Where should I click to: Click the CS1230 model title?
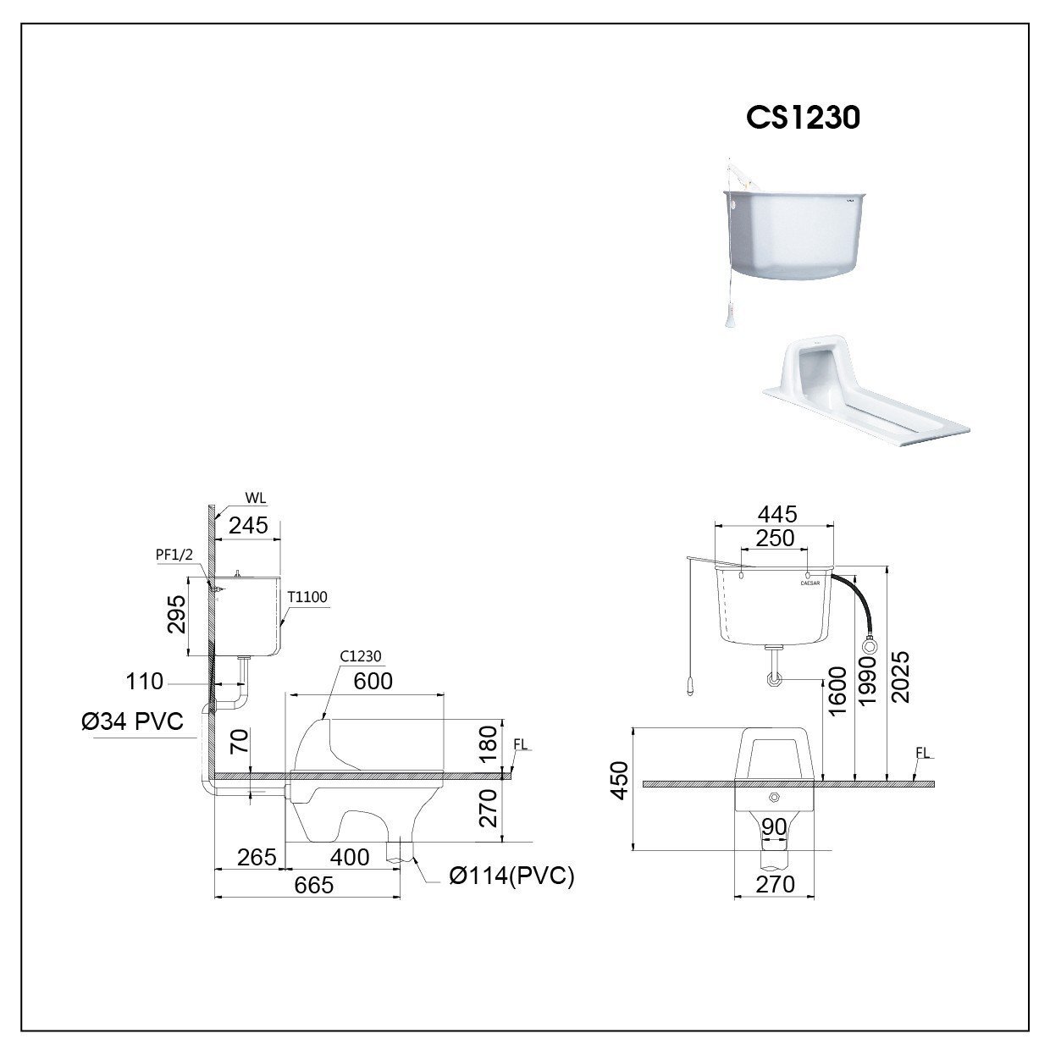coord(803,117)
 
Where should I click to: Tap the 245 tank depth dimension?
coord(248,525)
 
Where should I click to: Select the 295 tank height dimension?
coord(176,614)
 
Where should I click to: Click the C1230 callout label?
coord(361,655)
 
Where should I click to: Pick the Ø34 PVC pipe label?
coord(132,722)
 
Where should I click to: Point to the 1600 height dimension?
coord(837,691)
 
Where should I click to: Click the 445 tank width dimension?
coord(776,514)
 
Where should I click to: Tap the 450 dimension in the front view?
coord(621,780)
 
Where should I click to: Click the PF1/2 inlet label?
coord(175,554)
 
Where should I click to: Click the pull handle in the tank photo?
coord(729,318)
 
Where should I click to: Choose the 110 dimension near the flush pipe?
coord(144,682)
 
